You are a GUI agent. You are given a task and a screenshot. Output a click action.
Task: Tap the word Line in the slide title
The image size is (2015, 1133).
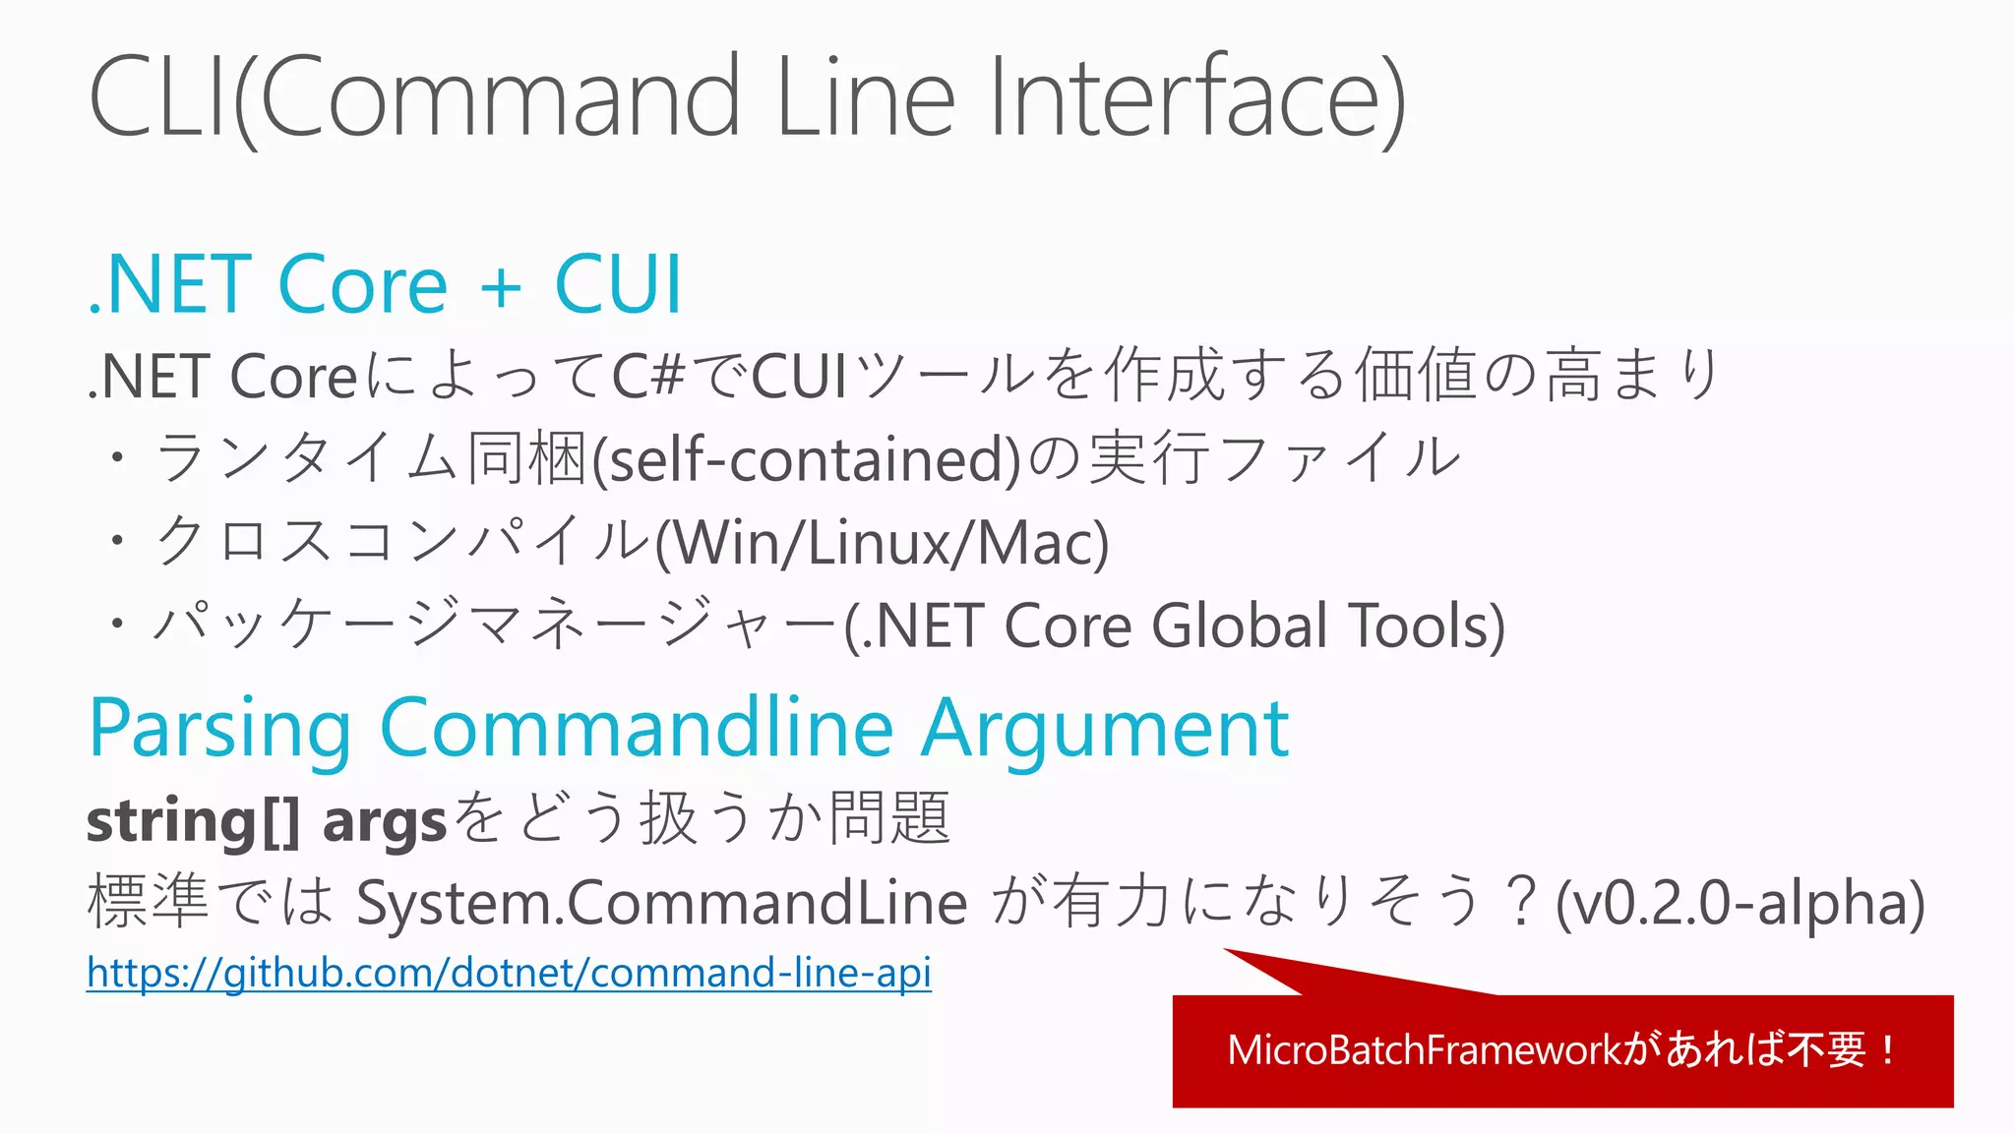(x=865, y=98)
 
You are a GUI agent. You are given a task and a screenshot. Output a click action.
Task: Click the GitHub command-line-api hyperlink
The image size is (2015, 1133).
(x=509, y=973)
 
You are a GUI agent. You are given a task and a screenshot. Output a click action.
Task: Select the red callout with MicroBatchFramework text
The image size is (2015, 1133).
(x=1562, y=1050)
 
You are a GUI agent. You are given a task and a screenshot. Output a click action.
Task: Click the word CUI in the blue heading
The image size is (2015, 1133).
(x=618, y=285)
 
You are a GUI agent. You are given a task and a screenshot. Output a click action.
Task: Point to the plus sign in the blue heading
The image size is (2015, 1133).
(x=501, y=287)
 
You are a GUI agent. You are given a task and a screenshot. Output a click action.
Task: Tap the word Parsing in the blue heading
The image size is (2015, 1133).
(x=219, y=730)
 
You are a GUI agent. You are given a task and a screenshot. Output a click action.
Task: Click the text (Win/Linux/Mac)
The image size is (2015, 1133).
(x=883, y=544)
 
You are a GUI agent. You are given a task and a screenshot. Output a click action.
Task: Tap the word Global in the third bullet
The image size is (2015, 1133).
(x=1240, y=626)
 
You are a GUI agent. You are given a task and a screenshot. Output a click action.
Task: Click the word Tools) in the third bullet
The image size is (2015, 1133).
(x=1427, y=626)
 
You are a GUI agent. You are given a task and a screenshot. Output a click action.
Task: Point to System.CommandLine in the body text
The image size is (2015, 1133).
(x=662, y=903)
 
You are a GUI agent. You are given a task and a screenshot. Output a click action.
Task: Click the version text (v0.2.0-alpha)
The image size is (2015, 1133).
(x=1740, y=903)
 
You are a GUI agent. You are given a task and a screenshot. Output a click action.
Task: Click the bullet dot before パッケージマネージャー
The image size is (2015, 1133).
(x=118, y=624)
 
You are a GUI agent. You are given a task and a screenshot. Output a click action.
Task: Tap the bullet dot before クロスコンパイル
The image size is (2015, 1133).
(x=118, y=540)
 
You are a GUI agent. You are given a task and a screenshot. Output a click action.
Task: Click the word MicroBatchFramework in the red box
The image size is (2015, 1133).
(x=1424, y=1050)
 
